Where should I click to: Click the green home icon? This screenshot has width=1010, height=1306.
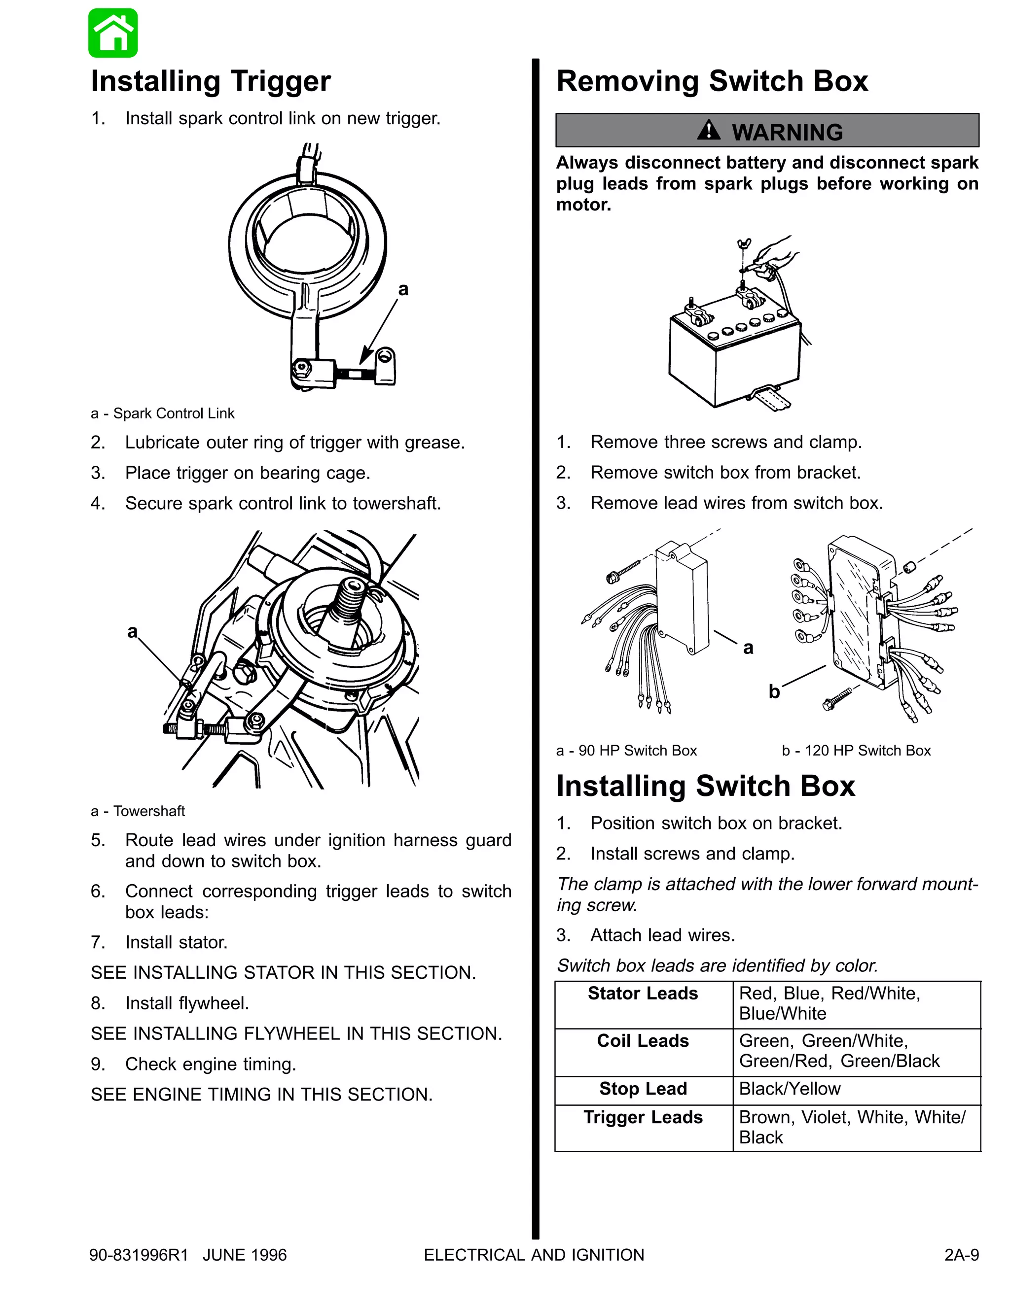(x=113, y=34)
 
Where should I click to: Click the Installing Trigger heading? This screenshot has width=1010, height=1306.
(x=211, y=81)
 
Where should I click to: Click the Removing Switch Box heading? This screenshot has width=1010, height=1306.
(x=712, y=81)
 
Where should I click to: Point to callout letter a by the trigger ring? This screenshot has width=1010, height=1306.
(x=403, y=289)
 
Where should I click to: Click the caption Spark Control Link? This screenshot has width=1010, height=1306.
(x=163, y=413)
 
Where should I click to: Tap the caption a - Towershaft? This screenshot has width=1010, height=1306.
(x=138, y=811)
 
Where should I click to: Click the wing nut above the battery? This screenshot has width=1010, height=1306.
(x=744, y=243)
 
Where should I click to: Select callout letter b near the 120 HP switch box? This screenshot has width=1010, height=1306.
(x=774, y=691)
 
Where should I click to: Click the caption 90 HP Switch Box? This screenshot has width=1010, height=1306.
(x=626, y=751)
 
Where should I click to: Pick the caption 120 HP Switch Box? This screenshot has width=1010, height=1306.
(x=856, y=751)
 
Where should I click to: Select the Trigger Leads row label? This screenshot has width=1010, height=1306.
(x=643, y=1118)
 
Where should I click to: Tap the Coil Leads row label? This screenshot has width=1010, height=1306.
(x=643, y=1041)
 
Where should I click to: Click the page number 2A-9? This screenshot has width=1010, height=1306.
(x=961, y=1255)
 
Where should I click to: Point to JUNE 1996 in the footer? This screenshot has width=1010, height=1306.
(x=245, y=1255)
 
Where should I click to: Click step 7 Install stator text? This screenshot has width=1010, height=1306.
(x=176, y=942)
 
